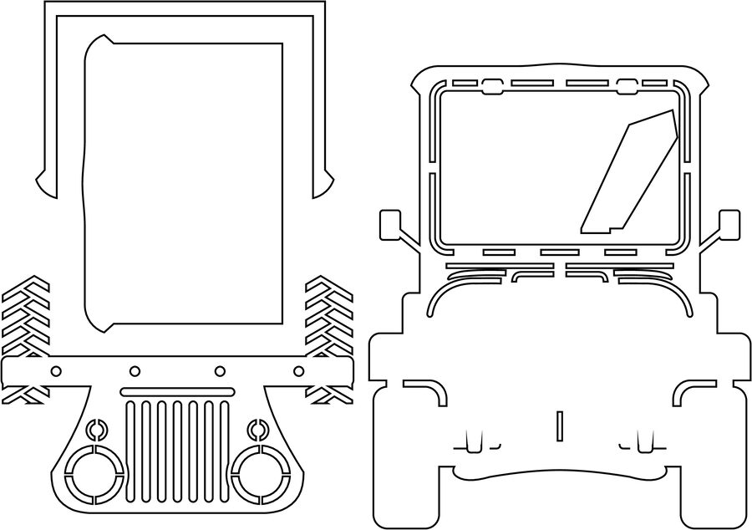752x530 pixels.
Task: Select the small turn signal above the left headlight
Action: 95,430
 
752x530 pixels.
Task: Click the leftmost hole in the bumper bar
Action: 57,370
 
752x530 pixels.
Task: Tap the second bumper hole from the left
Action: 133,370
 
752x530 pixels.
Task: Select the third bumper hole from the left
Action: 220,370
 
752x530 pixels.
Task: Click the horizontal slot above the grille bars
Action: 176,391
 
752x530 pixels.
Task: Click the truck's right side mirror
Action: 729,223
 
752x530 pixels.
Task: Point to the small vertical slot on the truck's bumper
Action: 559,425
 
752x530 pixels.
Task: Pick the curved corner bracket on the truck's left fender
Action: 431,388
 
